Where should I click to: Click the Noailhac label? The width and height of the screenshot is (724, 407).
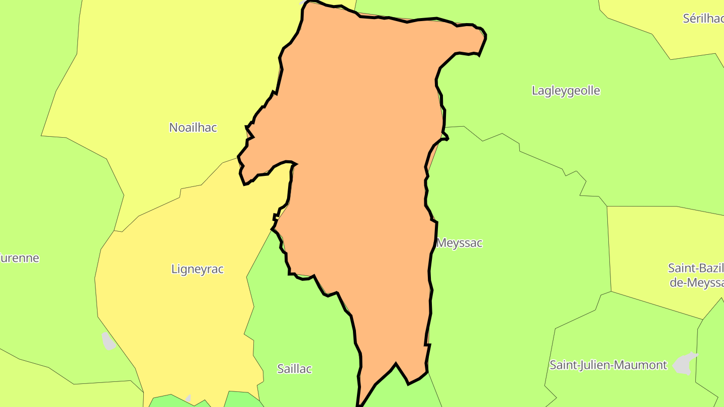[193, 128]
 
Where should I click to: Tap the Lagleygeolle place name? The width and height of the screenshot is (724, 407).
[566, 91]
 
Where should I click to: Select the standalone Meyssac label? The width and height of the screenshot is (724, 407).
[460, 243]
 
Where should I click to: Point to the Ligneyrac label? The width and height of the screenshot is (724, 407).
[198, 269]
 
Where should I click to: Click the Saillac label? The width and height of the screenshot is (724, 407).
[295, 369]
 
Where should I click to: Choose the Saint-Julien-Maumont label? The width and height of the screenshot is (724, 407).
[608, 365]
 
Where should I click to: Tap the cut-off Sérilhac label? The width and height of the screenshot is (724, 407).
[703, 19]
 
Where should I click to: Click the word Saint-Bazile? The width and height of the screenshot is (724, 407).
[695, 268]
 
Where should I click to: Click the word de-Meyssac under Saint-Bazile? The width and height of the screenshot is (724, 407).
[696, 282]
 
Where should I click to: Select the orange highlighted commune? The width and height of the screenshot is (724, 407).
[362, 176]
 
